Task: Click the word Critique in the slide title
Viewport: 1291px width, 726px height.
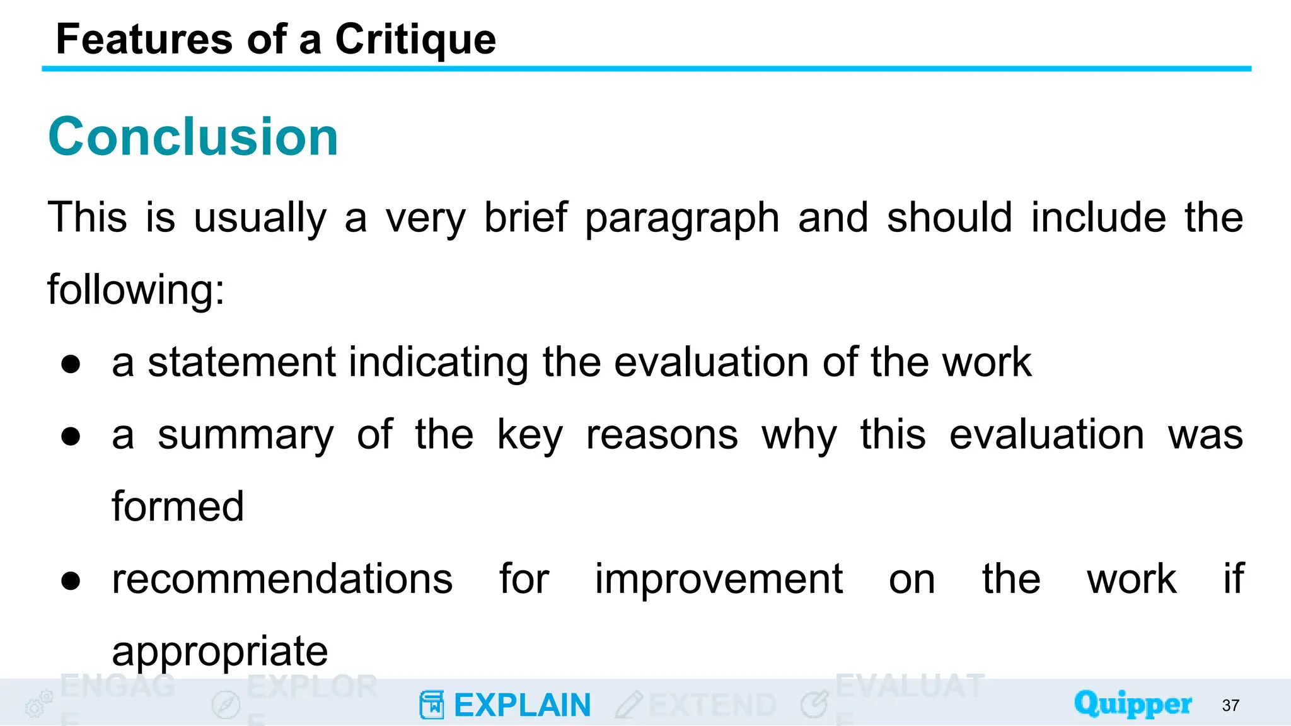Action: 415,40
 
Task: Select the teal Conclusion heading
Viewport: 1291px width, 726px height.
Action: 194,137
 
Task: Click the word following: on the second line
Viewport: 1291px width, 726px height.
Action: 136,290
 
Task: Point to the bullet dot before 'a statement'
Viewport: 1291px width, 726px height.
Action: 71,364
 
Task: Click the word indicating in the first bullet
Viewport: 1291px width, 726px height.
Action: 438,362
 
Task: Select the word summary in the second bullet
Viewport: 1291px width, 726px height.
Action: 246,435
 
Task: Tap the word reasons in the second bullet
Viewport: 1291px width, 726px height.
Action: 662,435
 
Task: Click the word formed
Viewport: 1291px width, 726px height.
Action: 178,507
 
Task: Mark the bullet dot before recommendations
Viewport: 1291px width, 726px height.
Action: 71,580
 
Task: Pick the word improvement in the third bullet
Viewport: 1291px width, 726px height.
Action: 719,579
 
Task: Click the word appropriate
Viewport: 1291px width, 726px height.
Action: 220,652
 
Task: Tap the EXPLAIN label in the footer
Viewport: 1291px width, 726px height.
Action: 522,705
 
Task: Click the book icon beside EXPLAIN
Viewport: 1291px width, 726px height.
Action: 432,705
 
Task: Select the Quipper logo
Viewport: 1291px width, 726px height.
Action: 1133,703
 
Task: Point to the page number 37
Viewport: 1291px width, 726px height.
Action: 1230,706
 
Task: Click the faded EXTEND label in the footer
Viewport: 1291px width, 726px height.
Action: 712,705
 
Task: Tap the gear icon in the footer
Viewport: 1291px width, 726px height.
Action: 38,704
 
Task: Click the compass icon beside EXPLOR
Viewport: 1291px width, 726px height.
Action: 226,705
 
